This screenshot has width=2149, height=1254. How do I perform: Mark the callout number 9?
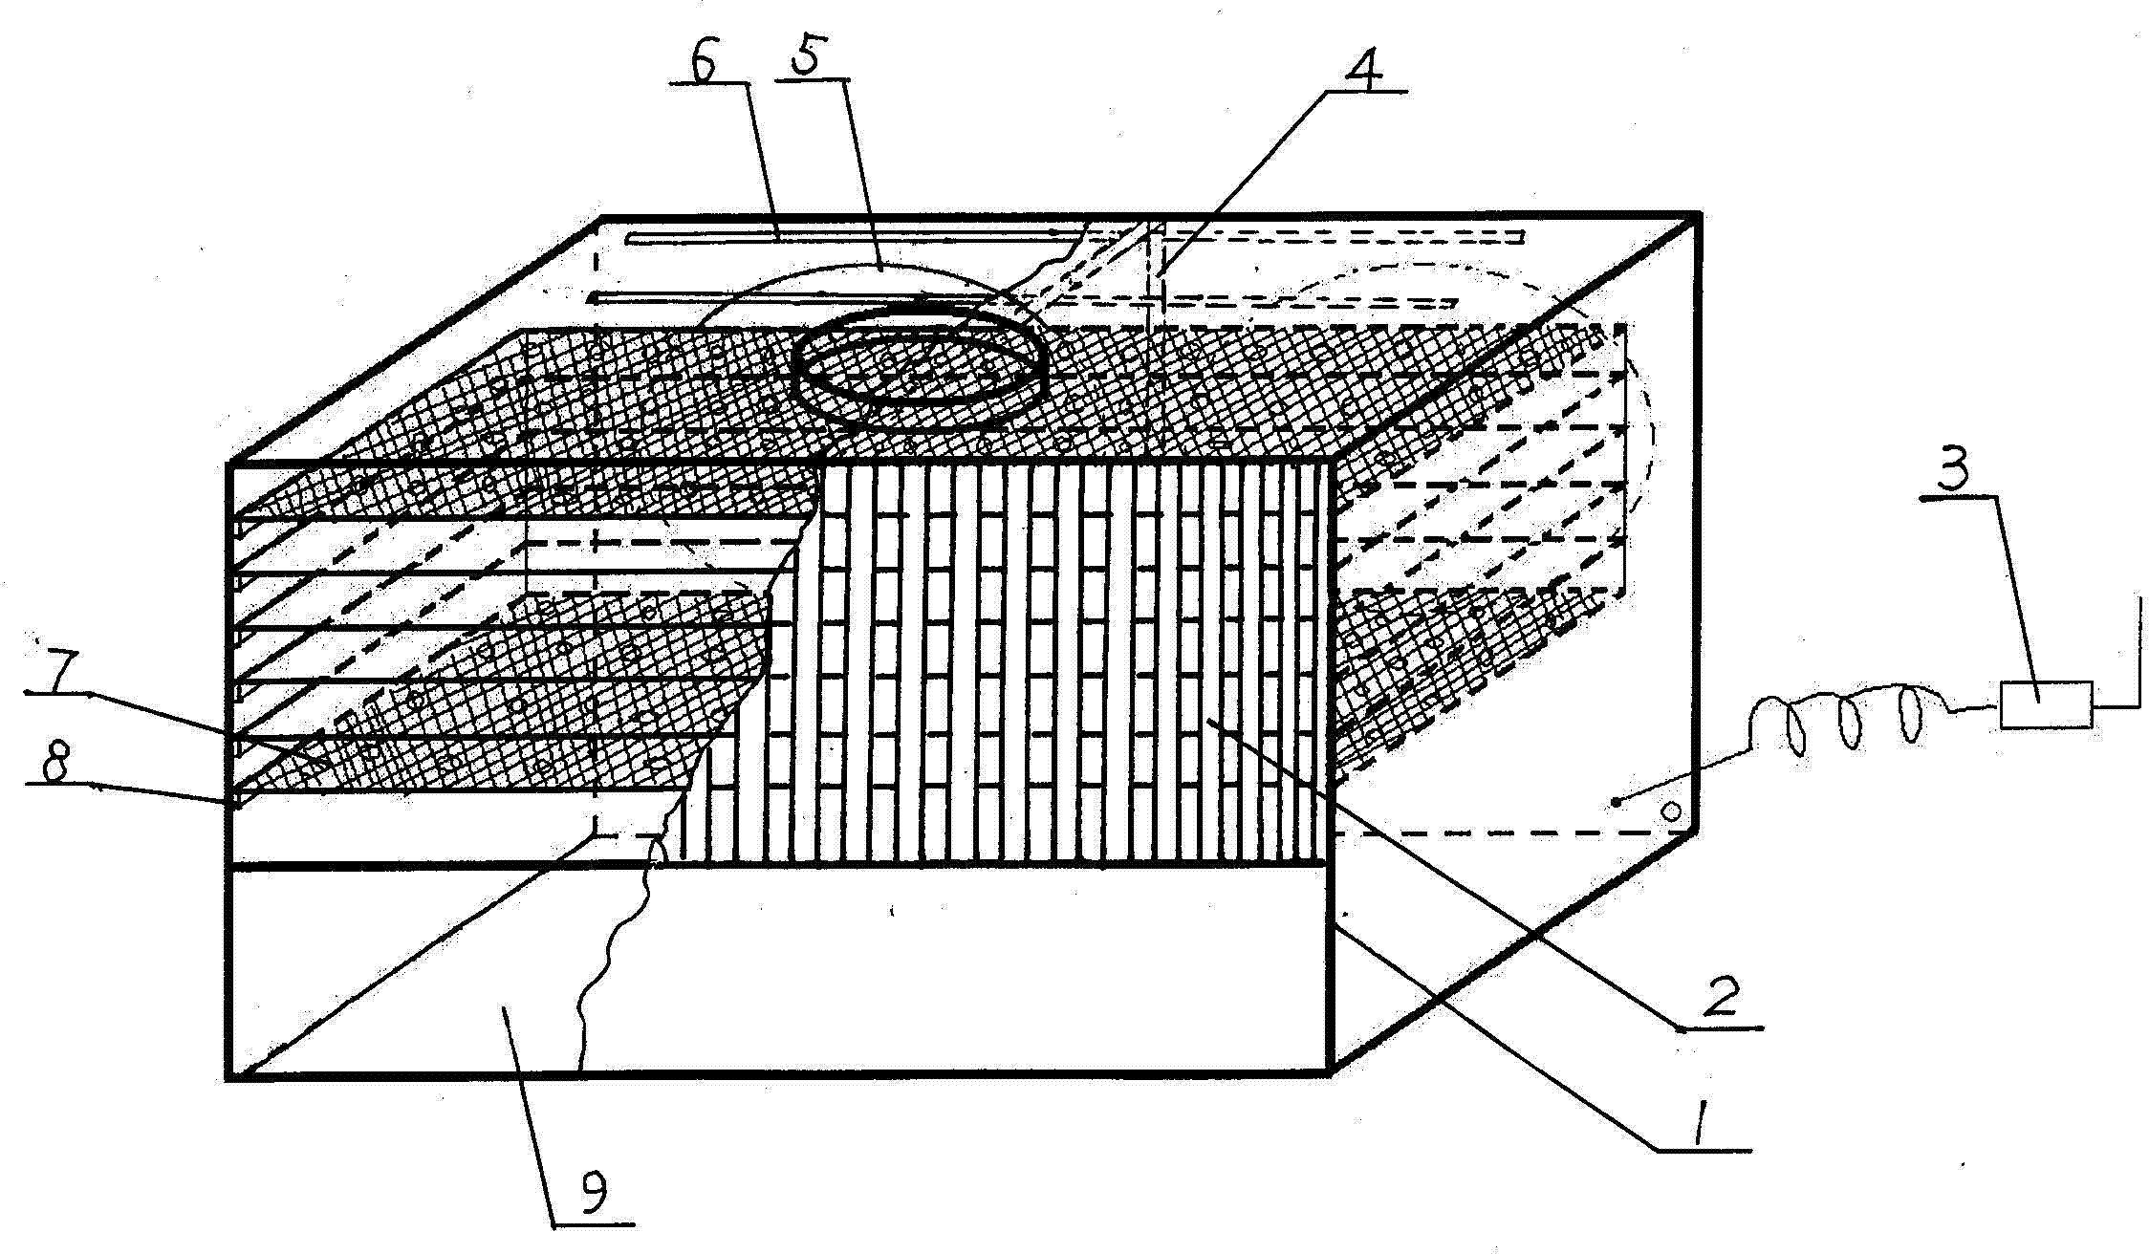tap(595, 1193)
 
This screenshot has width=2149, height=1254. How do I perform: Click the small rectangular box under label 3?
tap(2046, 705)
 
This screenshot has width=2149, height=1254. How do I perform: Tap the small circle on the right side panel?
tap(1672, 812)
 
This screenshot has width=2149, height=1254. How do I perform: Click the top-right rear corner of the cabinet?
tap(1698, 216)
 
